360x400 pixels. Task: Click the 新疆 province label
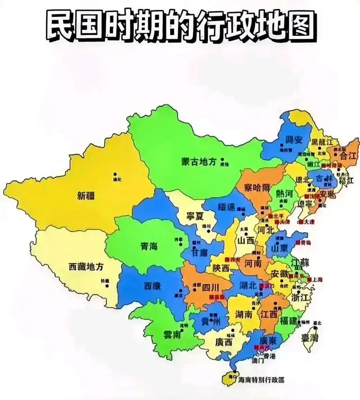86,195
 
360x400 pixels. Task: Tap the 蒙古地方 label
198,161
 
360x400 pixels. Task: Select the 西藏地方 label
86,266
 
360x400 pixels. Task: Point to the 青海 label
149,246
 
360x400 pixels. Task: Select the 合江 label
347,156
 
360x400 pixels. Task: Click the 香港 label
270,355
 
